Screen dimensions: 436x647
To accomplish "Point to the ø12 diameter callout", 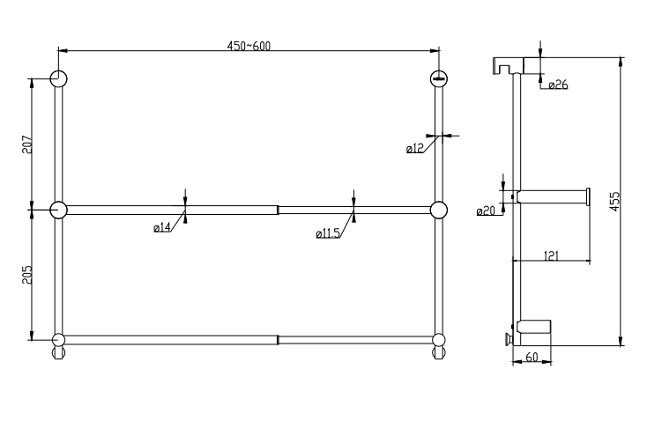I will tap(415, 150).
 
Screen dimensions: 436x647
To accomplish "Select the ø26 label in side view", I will tap(557, 85).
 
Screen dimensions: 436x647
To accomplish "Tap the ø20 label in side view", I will tap(486, 211).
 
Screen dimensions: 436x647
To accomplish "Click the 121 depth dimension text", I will tap(551, 255).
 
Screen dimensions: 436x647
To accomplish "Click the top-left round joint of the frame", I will tap(57, 78).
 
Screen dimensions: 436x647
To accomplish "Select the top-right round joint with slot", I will tap(438, 78).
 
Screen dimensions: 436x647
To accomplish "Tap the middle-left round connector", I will tap(58, 210).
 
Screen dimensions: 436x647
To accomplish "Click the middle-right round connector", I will tap(438, 210).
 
